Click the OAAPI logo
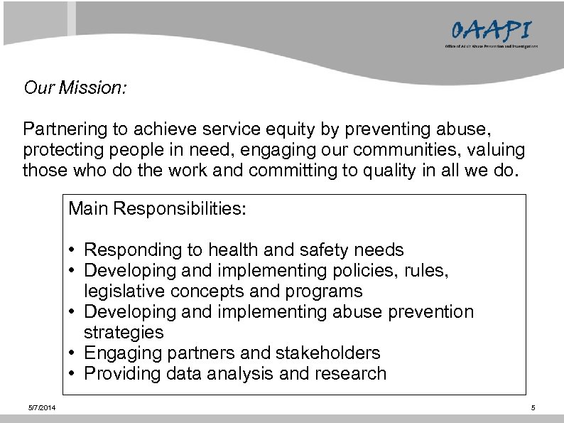490,33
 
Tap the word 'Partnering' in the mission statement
59,130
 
